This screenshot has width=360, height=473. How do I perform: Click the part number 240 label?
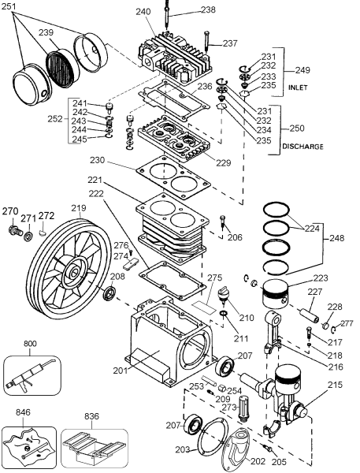(143, 12)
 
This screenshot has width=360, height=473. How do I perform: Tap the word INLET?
(298, 87)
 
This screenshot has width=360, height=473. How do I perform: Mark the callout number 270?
(9, 211)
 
